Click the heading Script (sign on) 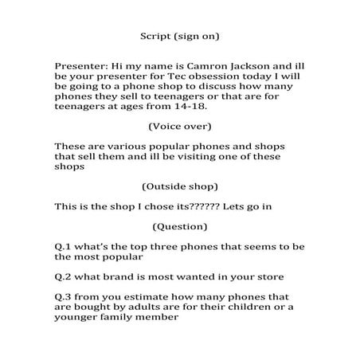point(179,37)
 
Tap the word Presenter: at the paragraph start point(80,66)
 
